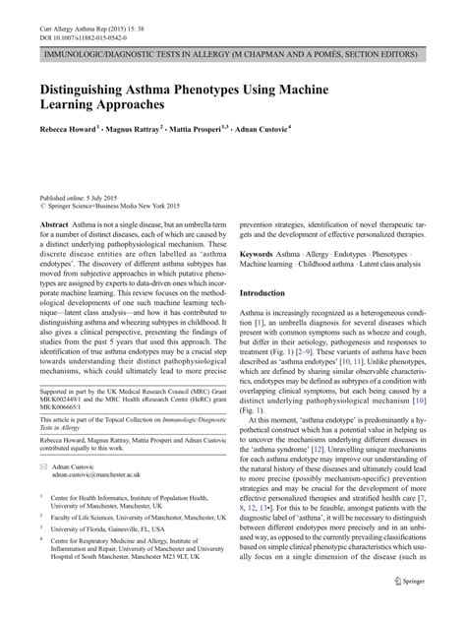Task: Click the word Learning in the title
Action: [x=69, y=103]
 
